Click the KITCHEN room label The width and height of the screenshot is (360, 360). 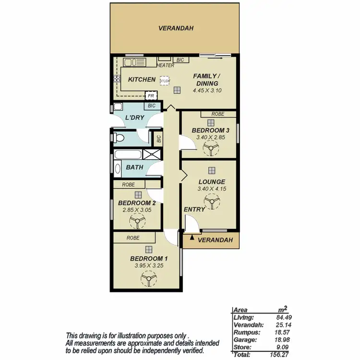[x=142, y=80]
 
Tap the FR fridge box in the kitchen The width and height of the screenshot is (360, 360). [x=150, y=96]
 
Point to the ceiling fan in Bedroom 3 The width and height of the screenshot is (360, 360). [x=210, y=150]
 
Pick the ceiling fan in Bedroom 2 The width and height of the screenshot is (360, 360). [x=137, y=222]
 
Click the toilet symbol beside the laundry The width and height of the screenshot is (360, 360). [x=120, y=139]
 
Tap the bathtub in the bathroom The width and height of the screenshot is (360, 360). [x=129, y=155]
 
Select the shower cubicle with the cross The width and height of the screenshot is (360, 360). [x=152, y=155]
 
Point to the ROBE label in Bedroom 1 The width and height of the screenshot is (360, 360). [x=133, y=238]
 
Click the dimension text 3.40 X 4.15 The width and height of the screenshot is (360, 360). [x=211, y=189]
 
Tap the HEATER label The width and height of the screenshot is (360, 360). [x=165, y=65]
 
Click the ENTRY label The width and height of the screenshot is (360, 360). [x=194, y=209]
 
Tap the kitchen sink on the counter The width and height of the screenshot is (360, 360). [x=130, y=63]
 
